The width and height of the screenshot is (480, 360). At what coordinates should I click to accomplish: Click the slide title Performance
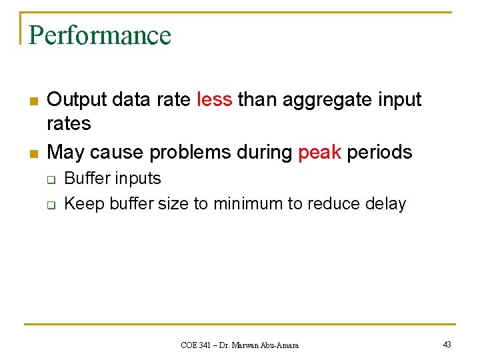tap(100, 35)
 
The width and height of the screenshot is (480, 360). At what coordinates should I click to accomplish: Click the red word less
tap(215, 99)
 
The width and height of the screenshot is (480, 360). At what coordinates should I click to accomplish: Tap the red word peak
tap(319, 152)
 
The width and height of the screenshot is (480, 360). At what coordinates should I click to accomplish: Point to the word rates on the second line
tap(69, 124)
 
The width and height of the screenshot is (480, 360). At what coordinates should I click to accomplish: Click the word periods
tap(379, 152)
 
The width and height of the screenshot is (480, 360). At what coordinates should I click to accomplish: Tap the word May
tap(65, 152)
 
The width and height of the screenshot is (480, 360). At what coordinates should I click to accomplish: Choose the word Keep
tap(83, 203)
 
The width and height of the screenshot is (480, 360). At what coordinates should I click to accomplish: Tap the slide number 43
tap(447, 345)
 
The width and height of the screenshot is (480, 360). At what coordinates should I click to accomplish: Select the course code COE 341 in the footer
tap(197, 345)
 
